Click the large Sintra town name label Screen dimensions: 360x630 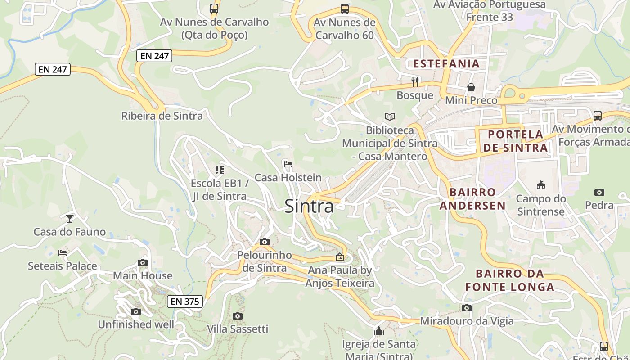pos(309,206)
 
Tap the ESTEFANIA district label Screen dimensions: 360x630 pos(446,63)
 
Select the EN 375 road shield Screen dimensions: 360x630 pos(185,301)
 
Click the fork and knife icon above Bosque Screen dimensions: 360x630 pos(415,82)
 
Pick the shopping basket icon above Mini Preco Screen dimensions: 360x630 pos(471,87)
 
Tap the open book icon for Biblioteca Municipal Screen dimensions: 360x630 pos(390,117)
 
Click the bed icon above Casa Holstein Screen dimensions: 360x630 pos(288,164)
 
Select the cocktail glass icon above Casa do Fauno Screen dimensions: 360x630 pos(70,219)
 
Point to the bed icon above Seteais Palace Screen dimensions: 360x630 pos(63,253)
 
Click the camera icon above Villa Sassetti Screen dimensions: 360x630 pos(238,316)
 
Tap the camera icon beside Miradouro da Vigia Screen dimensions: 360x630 pos(467,308)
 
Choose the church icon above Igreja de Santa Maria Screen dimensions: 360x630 pos(379,331)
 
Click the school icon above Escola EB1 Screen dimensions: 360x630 pos(219,170)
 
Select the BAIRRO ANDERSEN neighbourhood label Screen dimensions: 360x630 pos(472,199)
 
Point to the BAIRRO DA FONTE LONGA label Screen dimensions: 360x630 pos(509,280)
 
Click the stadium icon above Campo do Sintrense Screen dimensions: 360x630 pos(540,185)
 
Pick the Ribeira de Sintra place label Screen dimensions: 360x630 pos(162,116)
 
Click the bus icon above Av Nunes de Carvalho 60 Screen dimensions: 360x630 pos(344,9)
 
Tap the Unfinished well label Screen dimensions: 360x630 pos(136,324)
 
